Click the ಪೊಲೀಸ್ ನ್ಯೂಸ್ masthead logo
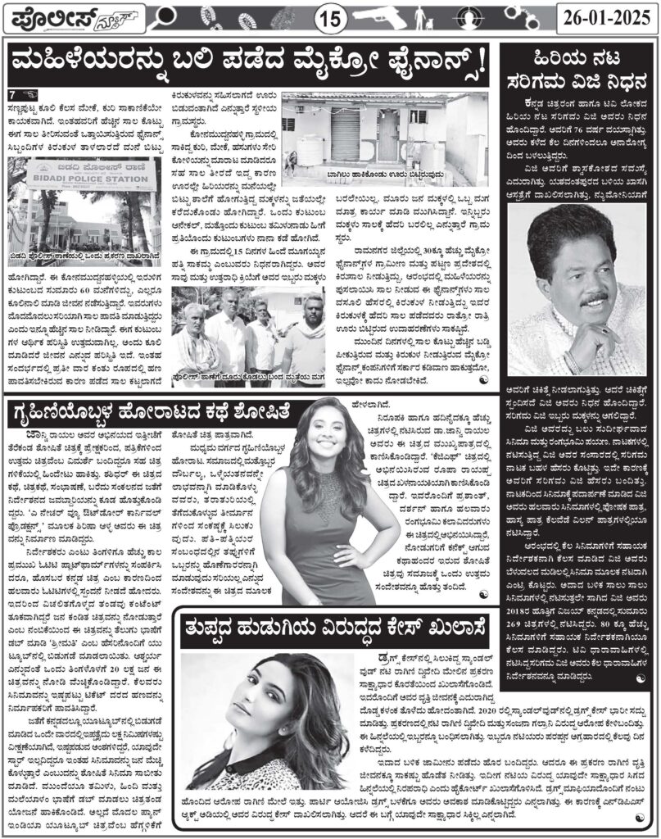coord(72,16)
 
